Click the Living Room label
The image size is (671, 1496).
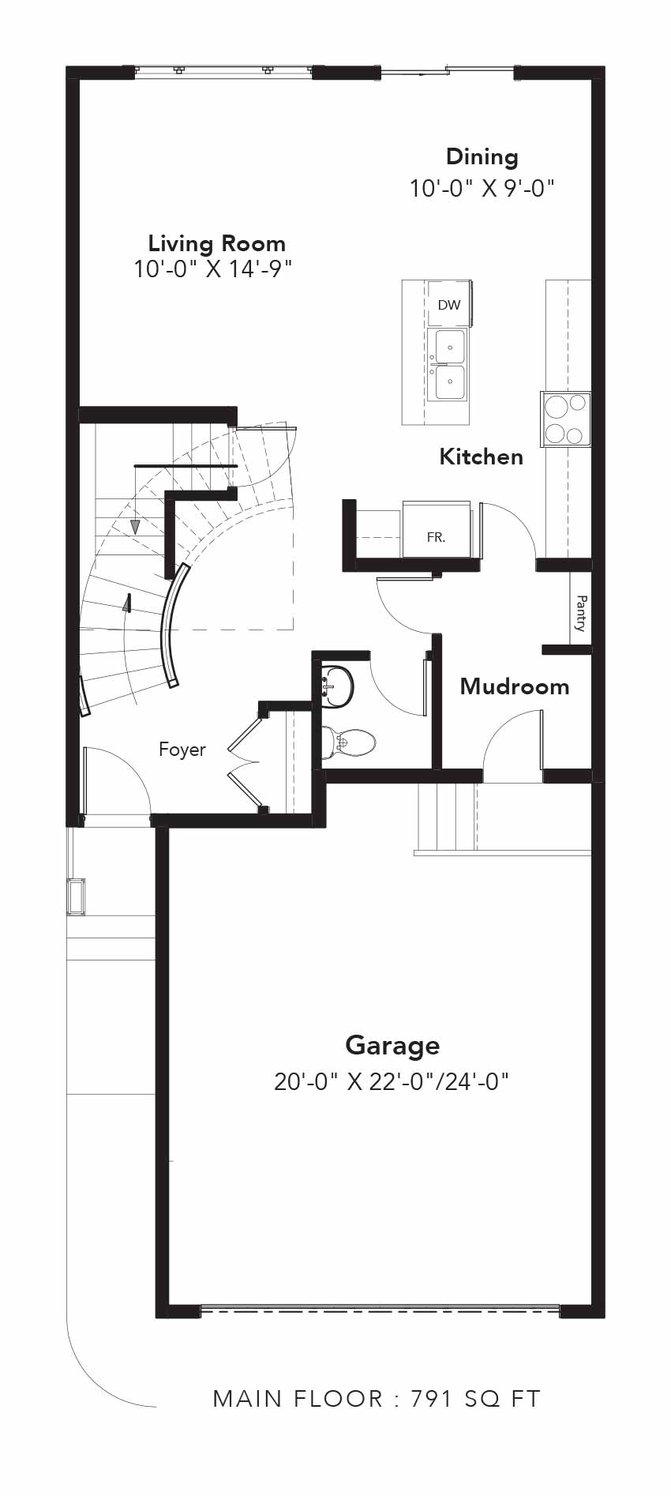pos(216,243)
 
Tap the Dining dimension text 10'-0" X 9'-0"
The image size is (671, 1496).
pos(482,189)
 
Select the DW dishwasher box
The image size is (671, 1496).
pos(448,305)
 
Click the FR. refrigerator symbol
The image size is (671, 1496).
pos(436,536)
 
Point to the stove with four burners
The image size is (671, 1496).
pos(566,419)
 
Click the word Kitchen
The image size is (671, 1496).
pos(481,457)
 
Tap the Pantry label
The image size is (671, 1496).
pos(581,613)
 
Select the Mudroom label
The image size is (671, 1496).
pos(515,686)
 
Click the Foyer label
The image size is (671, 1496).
pos(182,750)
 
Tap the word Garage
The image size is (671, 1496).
pos(392,1045)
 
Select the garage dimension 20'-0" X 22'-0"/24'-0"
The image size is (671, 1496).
pos(392,1081)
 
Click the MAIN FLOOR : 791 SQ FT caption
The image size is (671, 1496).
pos(377,1399)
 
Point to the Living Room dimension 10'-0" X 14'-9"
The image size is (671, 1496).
pos(213,269)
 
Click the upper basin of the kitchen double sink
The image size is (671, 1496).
pos(450,346)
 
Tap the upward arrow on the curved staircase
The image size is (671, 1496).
pos(126,603)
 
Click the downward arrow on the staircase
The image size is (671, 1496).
pos(135,525)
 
